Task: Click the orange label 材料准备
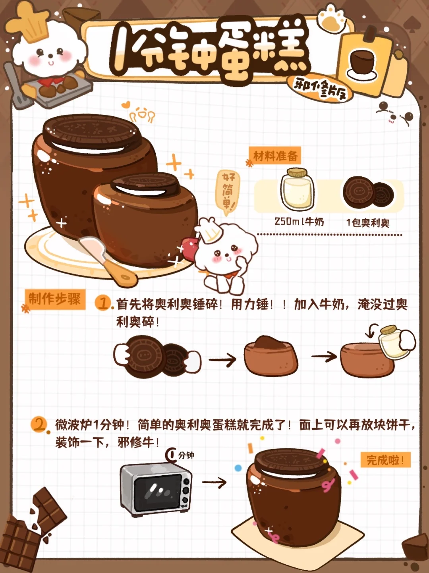pos(275,156)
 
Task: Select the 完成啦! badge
pos(385,460)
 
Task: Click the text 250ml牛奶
pos(299,222)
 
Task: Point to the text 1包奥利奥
pos(368,223)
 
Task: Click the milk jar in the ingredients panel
pos(297,189)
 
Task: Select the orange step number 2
pos(39,425)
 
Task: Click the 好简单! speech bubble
pos(227,192)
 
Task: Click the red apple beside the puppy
pos(189,248)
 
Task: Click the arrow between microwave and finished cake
pos(214,482)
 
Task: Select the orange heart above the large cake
pos(126,105)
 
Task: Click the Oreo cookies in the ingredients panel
pos(368,193)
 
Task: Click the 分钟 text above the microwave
pos(186,456)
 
